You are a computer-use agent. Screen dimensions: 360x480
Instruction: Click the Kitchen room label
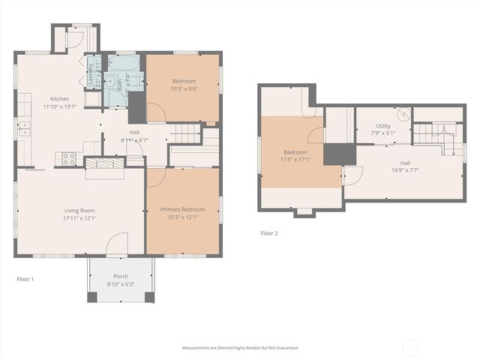click(x=60, y=99)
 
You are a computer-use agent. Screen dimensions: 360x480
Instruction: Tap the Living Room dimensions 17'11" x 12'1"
click(x=79, y=218)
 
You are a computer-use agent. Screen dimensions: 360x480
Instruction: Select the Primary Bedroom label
click(x=183, y=210)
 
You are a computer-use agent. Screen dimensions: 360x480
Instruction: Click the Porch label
click(x=121, y=276)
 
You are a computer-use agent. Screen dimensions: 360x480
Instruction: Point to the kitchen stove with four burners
click(x=68, y=158)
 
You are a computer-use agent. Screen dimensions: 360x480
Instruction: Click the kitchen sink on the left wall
click(x=24, y=127)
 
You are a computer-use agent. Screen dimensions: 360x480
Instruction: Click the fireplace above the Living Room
click(x=103, y=165)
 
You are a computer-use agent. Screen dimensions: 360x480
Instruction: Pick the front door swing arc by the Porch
click(x=116, y=244)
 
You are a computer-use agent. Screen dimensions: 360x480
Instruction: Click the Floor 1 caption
click(x=25, y=279)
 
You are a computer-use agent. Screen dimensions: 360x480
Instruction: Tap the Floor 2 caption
click(x=269, y=233)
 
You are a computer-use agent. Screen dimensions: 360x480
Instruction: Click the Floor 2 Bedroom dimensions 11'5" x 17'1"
click(x=295, y=159)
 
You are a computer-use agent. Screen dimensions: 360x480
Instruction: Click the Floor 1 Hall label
click(x=135, y=132)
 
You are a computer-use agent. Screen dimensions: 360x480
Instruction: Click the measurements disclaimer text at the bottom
click(x=239, y=348)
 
